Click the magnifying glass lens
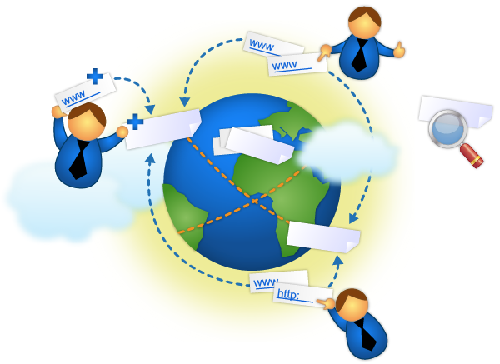coord(448,128)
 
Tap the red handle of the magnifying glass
coord(472,155)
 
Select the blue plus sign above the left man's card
coord(96,77)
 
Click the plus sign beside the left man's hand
coord(135,122)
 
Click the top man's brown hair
coord(364,15)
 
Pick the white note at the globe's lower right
coord(322,237)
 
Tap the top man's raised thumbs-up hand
coord(398,50)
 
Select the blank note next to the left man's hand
coord(164,130)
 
